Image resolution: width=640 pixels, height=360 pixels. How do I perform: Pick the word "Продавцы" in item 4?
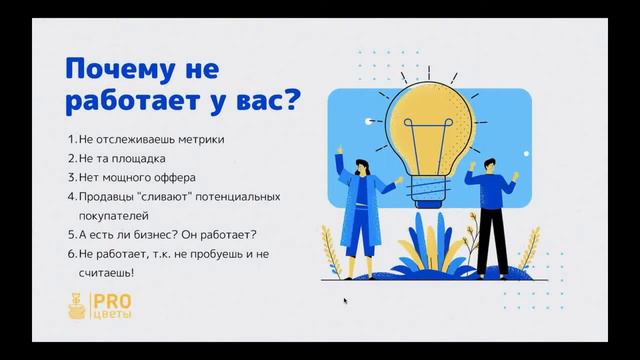tap(104, 196)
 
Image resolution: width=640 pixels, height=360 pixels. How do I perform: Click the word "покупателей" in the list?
tap(112, 214)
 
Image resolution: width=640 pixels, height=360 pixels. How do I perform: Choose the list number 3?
tap(71, 177)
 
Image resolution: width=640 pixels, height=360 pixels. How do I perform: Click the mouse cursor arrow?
tap(346, 300)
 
